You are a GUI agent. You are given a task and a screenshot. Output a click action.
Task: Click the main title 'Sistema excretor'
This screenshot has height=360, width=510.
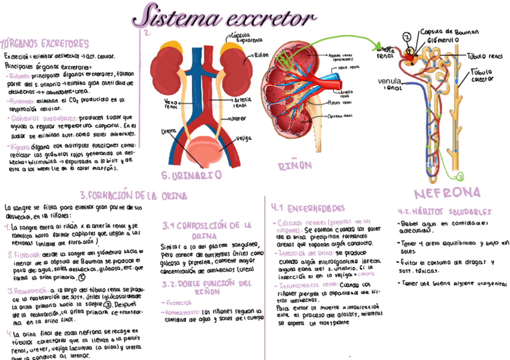pyautogui.click(x=224, y=19)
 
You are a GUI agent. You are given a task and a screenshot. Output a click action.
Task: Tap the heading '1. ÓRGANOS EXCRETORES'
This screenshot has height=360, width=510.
pyautogui.click(x=46, y=44)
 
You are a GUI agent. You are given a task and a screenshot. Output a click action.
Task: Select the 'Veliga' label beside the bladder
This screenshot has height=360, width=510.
pyautogui.click(x=244, y=138)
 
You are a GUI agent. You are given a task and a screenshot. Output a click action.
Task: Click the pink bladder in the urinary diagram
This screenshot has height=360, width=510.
pyautogui.click(x=204, y=150)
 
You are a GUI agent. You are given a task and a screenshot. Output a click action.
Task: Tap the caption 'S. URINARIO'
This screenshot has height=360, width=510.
pyautogui.click(x=192, y=175)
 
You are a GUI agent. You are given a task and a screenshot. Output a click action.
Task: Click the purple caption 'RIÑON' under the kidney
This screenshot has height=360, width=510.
pyautogui.click(x=296, y=165)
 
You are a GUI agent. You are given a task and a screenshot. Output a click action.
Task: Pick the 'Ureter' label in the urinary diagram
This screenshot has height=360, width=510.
pyautogui.click(x=238, y=118)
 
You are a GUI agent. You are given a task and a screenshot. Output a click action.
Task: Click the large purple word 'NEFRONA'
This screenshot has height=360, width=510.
pyautogui.click(x=447, y=193)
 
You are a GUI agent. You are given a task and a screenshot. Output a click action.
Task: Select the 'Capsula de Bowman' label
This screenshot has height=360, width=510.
pyautogui.click(x=448, y=31)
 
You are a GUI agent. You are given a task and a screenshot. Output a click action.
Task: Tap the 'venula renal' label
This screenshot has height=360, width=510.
pyautogui.click(x=390, y=84)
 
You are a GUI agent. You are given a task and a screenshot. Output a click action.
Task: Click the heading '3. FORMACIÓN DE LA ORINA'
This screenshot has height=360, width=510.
pyautogui.click(x=133, y=196)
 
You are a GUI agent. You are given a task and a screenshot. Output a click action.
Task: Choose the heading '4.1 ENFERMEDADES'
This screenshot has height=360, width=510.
pyautogui.click(x=308, y=208)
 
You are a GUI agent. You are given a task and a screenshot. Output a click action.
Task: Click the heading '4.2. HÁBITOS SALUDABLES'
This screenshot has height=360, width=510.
pyautogui.click(x=444, y=212)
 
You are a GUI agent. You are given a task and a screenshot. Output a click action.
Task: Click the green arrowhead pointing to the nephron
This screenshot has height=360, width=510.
pyautogui.click(x=381, y=46)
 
